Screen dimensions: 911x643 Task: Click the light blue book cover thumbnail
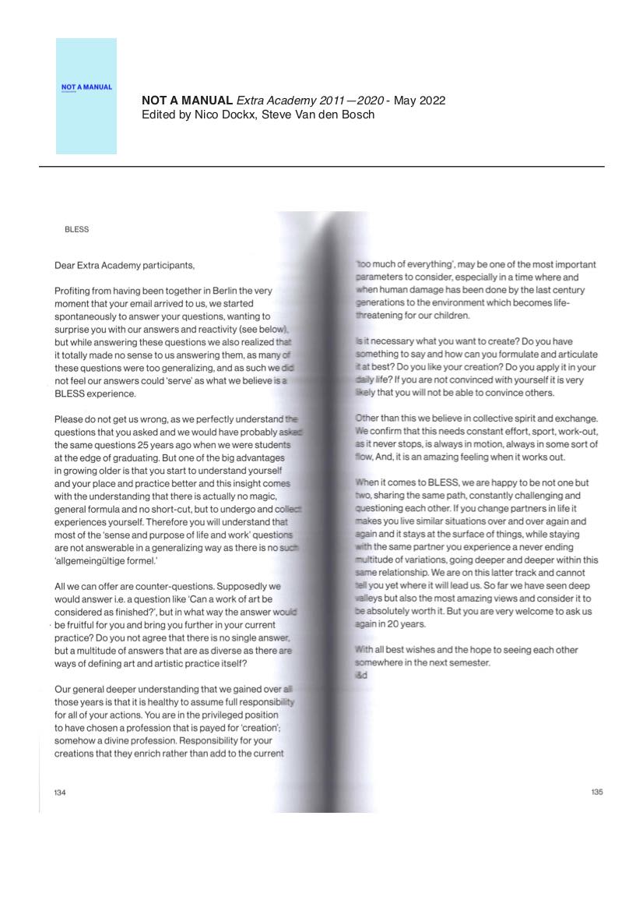click(86, 96)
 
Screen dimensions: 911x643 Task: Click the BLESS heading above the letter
click(77, 230)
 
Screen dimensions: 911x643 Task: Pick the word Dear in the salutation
click(65, 265)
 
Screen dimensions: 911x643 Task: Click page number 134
click(60, 792)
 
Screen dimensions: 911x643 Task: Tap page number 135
click(597, 792)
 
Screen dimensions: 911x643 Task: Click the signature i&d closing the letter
click(360, 675)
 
